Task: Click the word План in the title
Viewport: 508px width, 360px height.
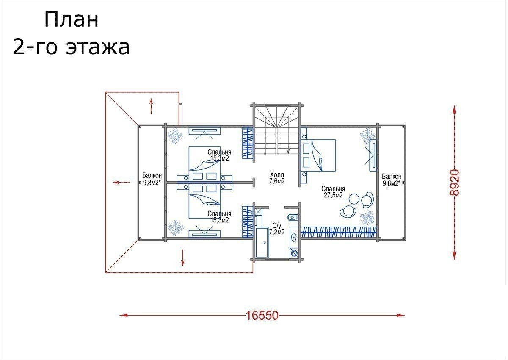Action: point(72,19)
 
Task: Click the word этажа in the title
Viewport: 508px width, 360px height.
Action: point(98,47)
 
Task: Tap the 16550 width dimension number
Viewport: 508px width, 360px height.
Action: point(262,315)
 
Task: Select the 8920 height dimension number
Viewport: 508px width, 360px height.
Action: point(454,183)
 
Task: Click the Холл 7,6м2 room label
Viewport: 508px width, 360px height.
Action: point(277,178)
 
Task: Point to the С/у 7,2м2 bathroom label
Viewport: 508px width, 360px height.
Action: point(277,229)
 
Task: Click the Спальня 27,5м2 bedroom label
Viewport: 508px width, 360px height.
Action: point(333,192)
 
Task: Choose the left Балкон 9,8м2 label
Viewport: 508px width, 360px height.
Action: point(152,179)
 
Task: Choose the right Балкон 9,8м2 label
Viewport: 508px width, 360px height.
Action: point(392,180)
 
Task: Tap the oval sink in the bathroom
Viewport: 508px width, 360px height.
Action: point(294,238)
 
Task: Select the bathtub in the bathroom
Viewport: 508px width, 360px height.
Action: point(262,243)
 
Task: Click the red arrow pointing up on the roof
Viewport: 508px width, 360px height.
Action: point(151,106)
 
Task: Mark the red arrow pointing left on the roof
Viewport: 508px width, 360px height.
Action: point(121,182)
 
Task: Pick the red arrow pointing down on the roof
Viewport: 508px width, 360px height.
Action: point(182,258)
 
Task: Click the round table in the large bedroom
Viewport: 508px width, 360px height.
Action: point(354,199)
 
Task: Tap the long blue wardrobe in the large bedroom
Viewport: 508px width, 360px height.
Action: point(339,232)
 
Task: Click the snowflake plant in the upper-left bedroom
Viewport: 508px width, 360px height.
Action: point(175,136)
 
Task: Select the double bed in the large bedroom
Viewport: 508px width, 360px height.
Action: point(318,155)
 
